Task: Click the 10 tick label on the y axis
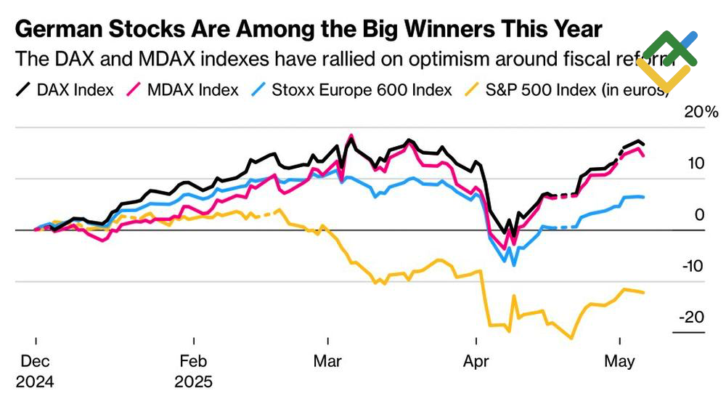(696, 163)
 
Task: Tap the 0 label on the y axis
(700, 215)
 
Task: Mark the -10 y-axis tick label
(693, 266)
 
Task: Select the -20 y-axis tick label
(693, 318)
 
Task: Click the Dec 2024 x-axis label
(35, 371)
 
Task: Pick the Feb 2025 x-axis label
(194, 371)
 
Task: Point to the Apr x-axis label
(476, 361)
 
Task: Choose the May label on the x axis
(619, 361)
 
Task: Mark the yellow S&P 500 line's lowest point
(571, 339)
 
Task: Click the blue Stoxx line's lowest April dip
(514, 264)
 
